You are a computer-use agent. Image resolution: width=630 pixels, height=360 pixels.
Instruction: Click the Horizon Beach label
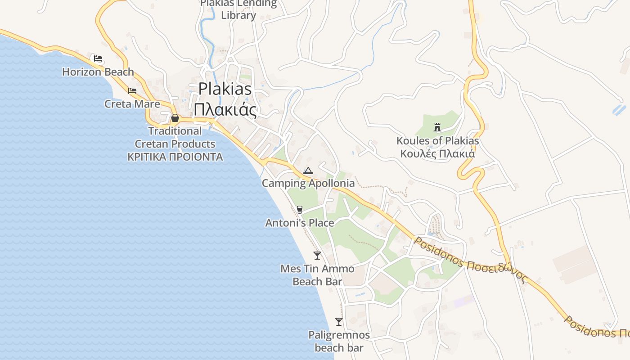98,72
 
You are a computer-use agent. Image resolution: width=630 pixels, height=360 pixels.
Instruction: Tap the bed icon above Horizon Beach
98,58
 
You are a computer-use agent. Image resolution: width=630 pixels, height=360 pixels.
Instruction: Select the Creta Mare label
132,104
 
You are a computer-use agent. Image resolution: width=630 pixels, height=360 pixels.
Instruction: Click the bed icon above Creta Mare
132,90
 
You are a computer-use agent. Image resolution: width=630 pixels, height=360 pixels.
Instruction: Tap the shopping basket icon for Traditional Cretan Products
175,118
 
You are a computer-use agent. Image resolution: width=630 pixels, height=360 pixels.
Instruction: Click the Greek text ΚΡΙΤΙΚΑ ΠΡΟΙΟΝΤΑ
175,157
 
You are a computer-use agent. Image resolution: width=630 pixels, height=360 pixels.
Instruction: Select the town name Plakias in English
225,89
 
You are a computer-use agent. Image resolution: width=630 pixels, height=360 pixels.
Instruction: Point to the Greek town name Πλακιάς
225,109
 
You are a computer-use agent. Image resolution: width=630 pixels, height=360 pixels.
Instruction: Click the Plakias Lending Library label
238,9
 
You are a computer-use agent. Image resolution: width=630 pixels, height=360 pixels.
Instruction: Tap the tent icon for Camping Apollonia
308,171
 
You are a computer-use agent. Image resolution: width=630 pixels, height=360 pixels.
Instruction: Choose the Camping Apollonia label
308,183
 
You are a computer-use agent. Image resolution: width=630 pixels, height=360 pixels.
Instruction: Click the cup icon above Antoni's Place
299,209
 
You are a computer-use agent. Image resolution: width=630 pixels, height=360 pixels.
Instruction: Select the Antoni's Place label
299,223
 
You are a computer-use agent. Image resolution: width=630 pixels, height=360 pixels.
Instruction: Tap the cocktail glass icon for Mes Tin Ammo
317,256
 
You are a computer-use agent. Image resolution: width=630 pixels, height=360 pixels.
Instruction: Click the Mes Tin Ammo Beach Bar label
317,275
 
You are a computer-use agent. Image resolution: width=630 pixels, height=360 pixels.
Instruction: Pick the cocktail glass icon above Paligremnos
339,322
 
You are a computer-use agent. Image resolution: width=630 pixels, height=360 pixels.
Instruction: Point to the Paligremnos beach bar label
339,341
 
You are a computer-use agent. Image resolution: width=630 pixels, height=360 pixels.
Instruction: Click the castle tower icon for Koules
437,127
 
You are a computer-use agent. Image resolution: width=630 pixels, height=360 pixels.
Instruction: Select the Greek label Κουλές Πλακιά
437,153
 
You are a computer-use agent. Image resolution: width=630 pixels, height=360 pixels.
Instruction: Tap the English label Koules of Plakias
437,141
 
